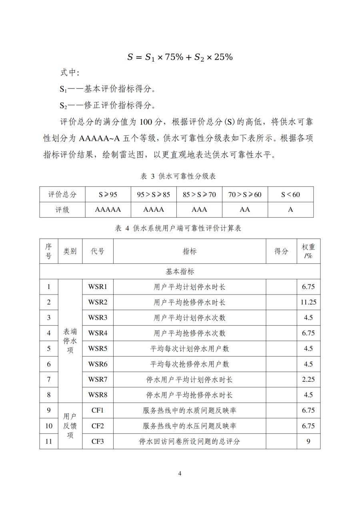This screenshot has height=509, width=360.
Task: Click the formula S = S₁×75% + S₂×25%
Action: (180, 57)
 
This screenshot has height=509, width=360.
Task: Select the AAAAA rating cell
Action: (108, 210)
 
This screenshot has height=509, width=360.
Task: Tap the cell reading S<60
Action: (290, 194)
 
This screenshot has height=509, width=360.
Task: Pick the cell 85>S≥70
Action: (199, 194)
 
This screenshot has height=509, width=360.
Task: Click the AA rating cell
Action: (245, 210)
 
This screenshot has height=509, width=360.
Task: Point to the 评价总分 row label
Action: (62, 194)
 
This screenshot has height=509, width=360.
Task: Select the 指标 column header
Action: (190, 251)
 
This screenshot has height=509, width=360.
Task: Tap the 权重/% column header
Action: (308, 251)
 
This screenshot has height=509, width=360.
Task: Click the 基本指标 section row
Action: (180, 272)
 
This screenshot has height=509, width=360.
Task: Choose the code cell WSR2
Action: (98, 302)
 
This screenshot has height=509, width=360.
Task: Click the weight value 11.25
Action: (308, 302)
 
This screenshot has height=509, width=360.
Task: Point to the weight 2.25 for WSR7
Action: (308, 379)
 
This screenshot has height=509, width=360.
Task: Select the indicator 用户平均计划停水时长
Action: (190, 287)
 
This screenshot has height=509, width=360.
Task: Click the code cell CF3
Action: (98, 441)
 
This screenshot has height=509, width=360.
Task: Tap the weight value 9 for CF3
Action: (308, 441)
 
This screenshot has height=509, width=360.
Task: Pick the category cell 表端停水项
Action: (70, 341)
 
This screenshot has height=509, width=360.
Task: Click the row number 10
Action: (49, 426)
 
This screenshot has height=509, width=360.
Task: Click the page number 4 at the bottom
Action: (180, 474)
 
